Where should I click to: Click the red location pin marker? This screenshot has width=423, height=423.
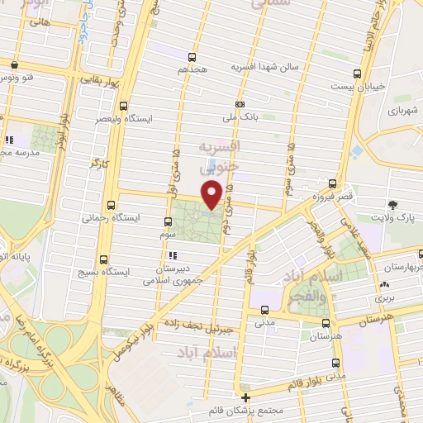tap(212, 196)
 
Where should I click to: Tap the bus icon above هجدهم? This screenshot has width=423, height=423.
tap(192, 57)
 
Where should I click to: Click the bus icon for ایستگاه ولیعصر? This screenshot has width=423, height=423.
tap(123, 106)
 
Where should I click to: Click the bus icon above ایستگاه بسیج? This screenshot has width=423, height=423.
tap(103, 258)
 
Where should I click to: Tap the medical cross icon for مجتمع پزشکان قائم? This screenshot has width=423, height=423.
tap(246, 397)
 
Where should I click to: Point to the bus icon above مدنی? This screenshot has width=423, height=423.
tap(264, 311)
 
